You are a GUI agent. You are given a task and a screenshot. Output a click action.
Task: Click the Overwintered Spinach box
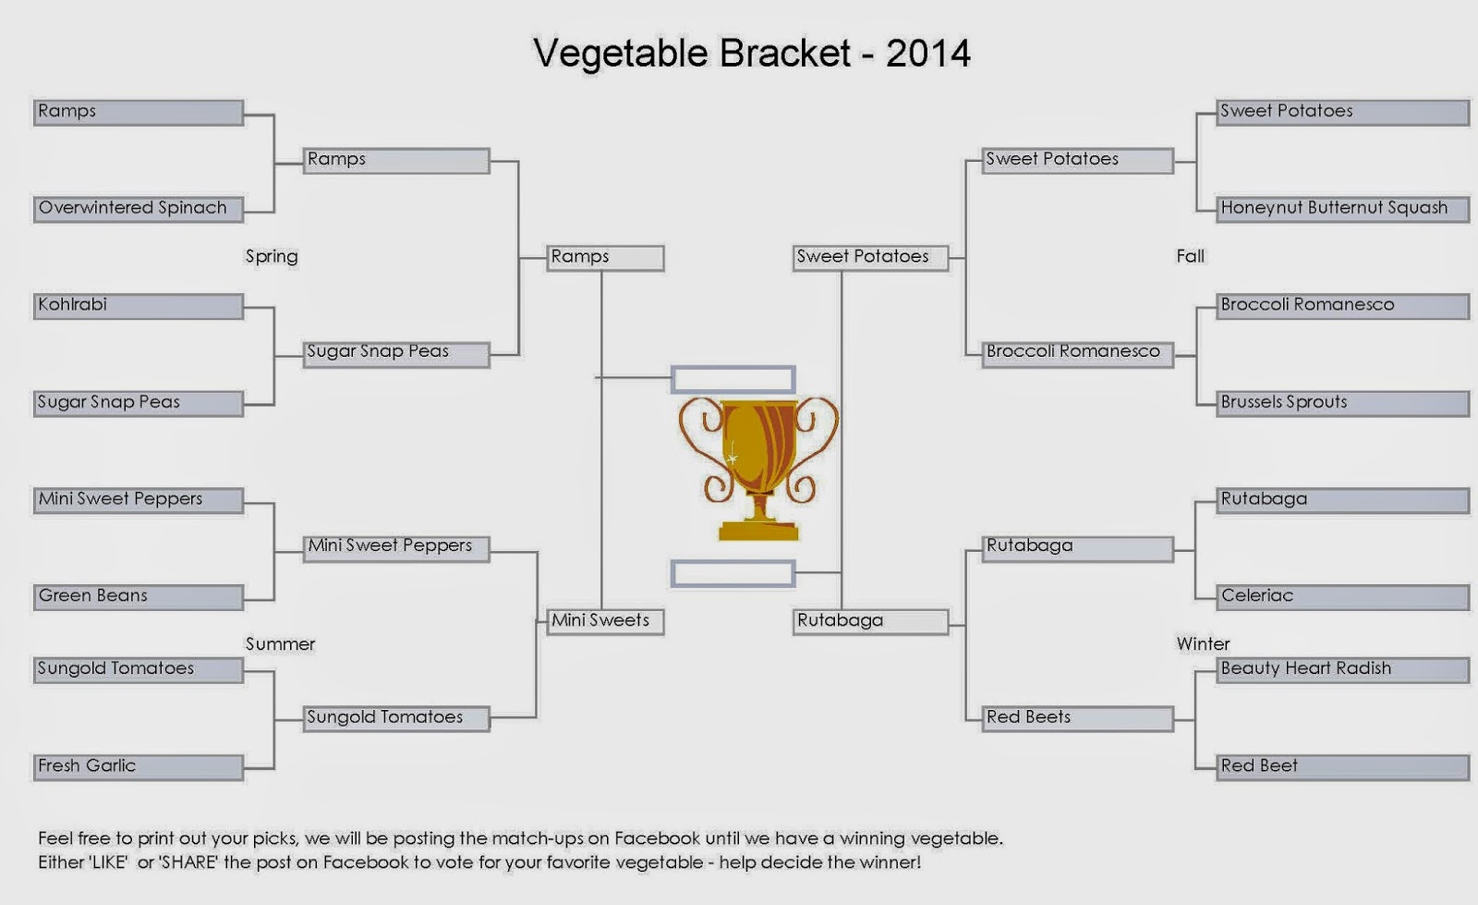[x=139, y=209]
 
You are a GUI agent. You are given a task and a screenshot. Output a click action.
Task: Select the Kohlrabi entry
[x=139, y=306]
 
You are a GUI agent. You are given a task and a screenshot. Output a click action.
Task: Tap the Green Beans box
[x=139, y=597]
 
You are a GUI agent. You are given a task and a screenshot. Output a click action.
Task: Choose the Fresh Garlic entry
[x=139, y=767]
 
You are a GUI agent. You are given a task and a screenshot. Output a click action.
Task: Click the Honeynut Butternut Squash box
[x=1343, y=209]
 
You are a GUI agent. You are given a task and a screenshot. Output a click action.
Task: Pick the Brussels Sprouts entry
[x=1343, y=403]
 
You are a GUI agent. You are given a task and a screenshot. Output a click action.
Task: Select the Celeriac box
[x=1343, y=597]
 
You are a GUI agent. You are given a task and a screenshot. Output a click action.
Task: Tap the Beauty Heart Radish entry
[x=1343, y=670]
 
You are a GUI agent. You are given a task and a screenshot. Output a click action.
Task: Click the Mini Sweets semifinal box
[x=606, y=622]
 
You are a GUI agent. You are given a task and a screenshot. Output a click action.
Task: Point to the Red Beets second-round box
[x=1078, y=719]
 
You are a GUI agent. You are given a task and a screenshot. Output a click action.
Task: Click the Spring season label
[x=272, y=257]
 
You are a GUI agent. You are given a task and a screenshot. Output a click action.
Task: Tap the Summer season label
[x=281, y=643]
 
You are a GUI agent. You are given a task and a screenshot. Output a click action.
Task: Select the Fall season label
[x=1191, y=256]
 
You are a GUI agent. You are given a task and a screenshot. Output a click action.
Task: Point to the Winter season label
[x=1203, y=643]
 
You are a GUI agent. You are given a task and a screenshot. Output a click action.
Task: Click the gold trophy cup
[x=758, y=469]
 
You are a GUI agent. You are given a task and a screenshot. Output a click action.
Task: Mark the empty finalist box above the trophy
[x=733, y=380]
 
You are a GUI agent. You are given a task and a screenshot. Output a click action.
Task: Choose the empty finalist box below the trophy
[x=733, y=574]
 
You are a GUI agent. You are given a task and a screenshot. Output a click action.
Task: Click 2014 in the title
[x=928, y=53]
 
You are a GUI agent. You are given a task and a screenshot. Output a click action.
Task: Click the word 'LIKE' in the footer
[x=105, y=862]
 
